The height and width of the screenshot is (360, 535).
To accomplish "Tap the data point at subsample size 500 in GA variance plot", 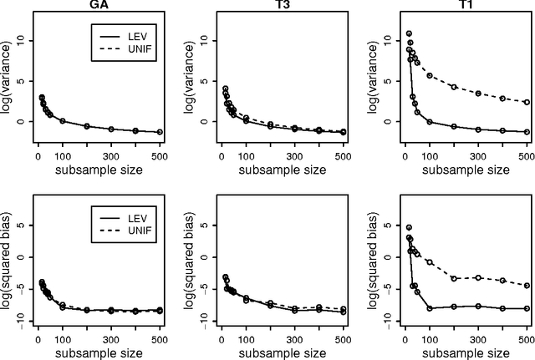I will [160, 132].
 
